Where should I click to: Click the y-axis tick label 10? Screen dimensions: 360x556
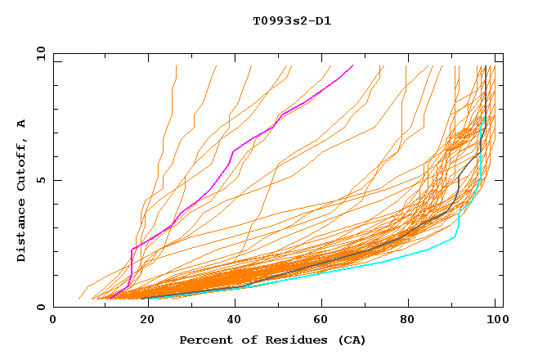pos(39,53)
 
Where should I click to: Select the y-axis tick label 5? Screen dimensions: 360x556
pos(42,180)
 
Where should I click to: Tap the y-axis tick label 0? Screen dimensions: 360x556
pos(42,307)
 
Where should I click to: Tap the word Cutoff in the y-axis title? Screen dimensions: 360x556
pos(22,164)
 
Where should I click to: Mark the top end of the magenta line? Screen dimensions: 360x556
pos(352,65)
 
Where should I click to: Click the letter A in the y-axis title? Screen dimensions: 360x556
pos(22,124)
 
